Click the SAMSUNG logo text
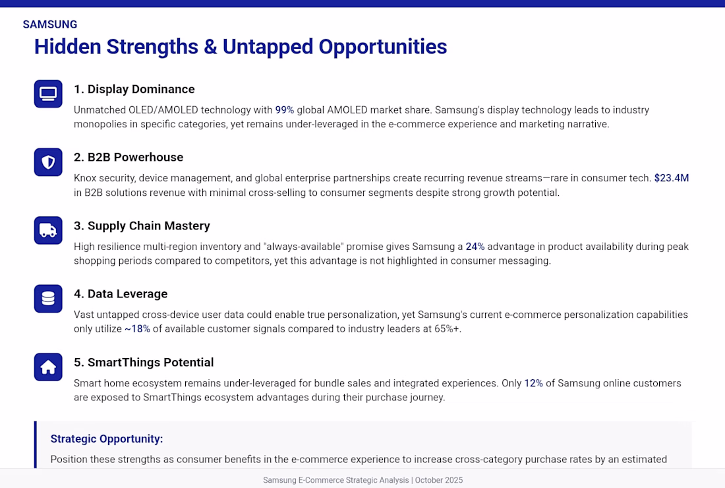click(x=50, y=24)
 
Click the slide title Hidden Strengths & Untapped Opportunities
click(x=241, y=47)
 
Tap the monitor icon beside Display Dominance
click(x=48, y=94)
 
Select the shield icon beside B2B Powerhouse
click(x=48, y=162)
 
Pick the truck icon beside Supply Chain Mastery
click(x=48, y=230)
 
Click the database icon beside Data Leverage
click(x=48, y=298)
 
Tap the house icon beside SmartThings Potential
click(x=48, y=367)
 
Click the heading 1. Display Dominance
click(x=134, y=89)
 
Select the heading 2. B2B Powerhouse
click(x=129, y=157)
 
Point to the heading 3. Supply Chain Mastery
click(x=142, y=226)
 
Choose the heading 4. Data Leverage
click(x=121, y=293)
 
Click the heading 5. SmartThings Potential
click(x=144, y=362)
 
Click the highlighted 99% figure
click(x=284, y=110)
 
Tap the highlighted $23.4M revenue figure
click(x=672, y=178)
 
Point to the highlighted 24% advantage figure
click(x=475, y=247)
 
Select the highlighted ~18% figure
click(x=137, y=329)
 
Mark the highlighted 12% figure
click(x=533, y=383)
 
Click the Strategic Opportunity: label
click(x=107, y=439)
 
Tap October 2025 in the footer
click(x=439, y=480)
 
